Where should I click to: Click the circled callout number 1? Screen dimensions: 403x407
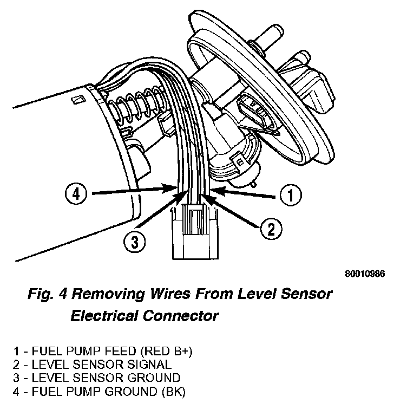coord(291,195)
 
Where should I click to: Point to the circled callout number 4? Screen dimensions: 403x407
coord(75,192)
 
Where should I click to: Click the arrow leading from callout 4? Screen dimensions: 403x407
coord(130,190)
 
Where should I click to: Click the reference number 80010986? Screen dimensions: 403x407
coord(364,274)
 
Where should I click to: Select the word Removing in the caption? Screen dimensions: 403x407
coord(107,295)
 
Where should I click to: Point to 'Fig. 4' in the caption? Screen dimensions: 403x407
coord(47,295)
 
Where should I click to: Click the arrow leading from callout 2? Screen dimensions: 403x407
coord(233,209)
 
